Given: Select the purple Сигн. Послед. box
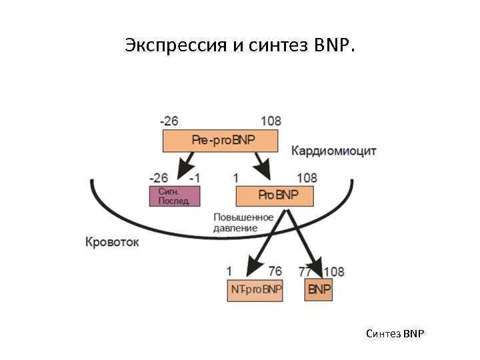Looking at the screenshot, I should click(x=174, y=196).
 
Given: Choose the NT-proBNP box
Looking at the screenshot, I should click(x=255, y=290).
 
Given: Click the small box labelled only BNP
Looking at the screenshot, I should click(x=319, y=290).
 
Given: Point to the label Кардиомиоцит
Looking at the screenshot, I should click(x=333, y=151).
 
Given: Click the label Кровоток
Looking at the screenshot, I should click(x=112, y=242).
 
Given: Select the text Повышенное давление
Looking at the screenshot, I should click(x=243, y=223).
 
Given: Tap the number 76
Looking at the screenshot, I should click(x=275, y=271).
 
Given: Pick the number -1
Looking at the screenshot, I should click(x=194, y=178).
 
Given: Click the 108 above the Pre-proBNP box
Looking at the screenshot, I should click(x=271, y=121).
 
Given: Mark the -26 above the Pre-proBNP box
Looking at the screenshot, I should click(x=169, y=121).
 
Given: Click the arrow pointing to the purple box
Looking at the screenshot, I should click(x=186, y=163).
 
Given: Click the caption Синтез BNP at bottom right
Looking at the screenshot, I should click(x=395, y=333).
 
